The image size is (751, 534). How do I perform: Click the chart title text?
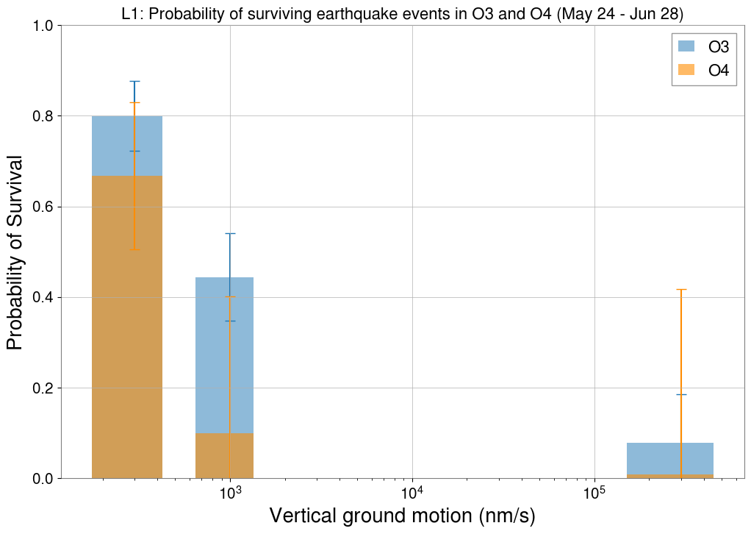403,13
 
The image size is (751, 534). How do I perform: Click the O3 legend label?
718,47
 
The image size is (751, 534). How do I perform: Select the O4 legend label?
718,71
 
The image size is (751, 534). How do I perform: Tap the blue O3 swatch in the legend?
686,46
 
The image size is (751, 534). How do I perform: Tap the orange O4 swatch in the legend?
686,70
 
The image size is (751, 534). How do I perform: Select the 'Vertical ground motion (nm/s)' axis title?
403,516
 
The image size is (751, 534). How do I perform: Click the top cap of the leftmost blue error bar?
134,81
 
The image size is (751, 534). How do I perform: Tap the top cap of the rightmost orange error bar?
681,289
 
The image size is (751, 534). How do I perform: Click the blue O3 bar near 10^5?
654,459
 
